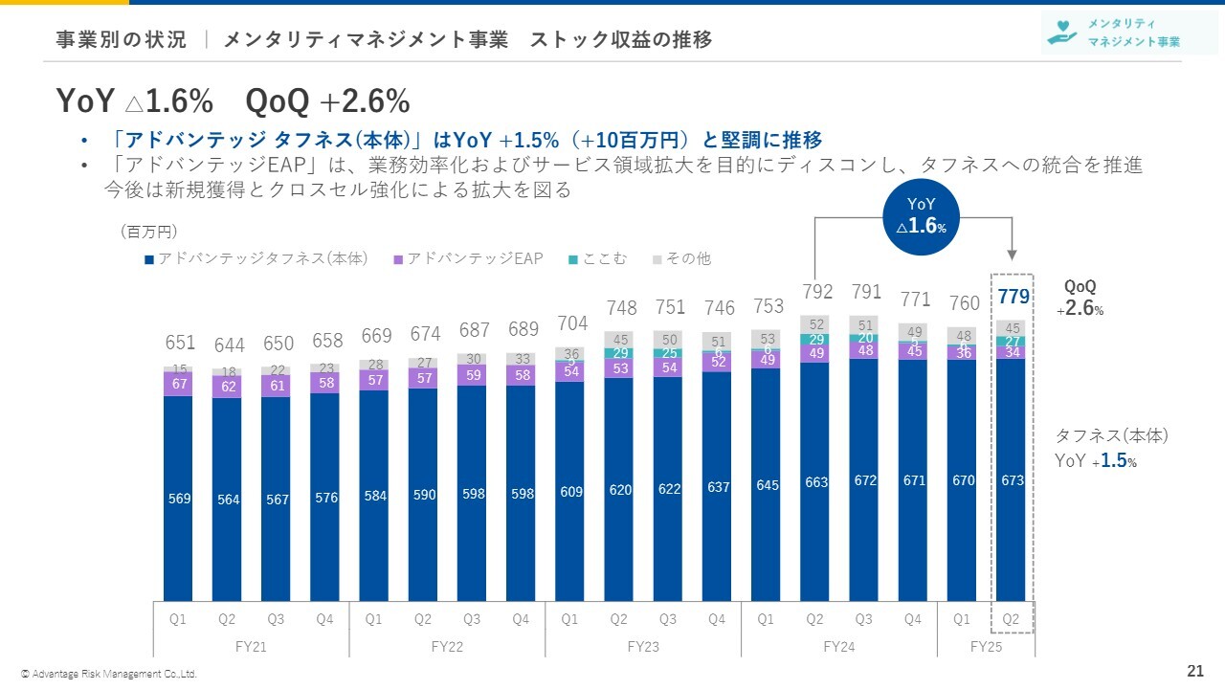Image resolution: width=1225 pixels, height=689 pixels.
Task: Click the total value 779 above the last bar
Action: tap(1013, 298)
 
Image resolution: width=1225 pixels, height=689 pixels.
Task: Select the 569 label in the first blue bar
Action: tap(179, 499)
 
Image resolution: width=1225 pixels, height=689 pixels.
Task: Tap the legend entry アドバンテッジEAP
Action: tap(469, 258)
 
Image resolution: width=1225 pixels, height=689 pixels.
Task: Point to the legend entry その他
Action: tap(682, 258)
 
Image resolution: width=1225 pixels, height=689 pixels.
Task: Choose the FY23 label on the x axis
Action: tap(643, 646)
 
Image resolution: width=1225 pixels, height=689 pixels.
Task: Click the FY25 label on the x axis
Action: tap(986, 646)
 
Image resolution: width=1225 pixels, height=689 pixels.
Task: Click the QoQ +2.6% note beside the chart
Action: tap(1083, 298)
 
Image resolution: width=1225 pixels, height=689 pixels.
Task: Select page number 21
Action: tap(1194, 670)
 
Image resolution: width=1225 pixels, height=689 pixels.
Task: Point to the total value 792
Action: tap(817, 291)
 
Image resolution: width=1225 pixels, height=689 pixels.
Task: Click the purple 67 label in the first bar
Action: tap(179, 384)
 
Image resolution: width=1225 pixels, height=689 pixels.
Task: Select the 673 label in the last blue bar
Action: tap(1013, 480)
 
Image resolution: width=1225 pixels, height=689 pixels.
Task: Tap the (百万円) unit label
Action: tap(149, 232)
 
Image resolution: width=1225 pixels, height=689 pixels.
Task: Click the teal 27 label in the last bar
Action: tap(1013, 341)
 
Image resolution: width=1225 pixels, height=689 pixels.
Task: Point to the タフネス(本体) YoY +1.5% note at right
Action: tap(1110, 447)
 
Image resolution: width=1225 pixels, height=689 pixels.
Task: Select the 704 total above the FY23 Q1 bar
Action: tap(572, 323)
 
